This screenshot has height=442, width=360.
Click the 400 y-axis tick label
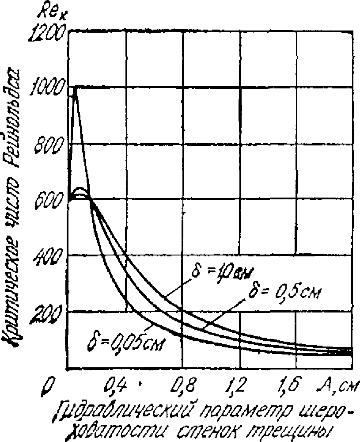point(49,256)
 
